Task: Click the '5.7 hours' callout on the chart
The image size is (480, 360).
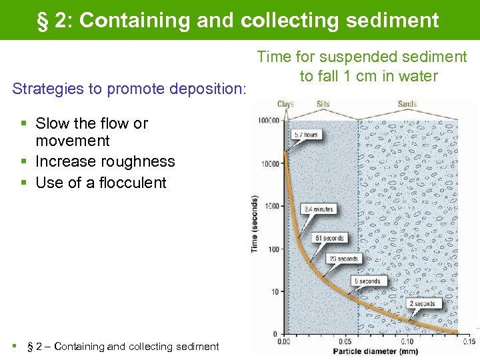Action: (307, 135)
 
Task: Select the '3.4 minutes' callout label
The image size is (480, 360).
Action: (318, 209)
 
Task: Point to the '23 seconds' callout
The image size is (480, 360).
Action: (343, 259)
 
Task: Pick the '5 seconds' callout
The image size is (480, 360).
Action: (367, 281)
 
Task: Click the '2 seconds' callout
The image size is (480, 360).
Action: (422, 304)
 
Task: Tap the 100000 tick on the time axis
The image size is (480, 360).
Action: (269, 121)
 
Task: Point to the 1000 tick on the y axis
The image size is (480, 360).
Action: (273, 206)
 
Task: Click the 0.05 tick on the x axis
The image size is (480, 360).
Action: (345, 342)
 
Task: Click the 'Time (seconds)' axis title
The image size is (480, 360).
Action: (255, 224)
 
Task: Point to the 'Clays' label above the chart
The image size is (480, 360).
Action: (286, 104)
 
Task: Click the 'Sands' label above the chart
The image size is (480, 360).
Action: (407, 104)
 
